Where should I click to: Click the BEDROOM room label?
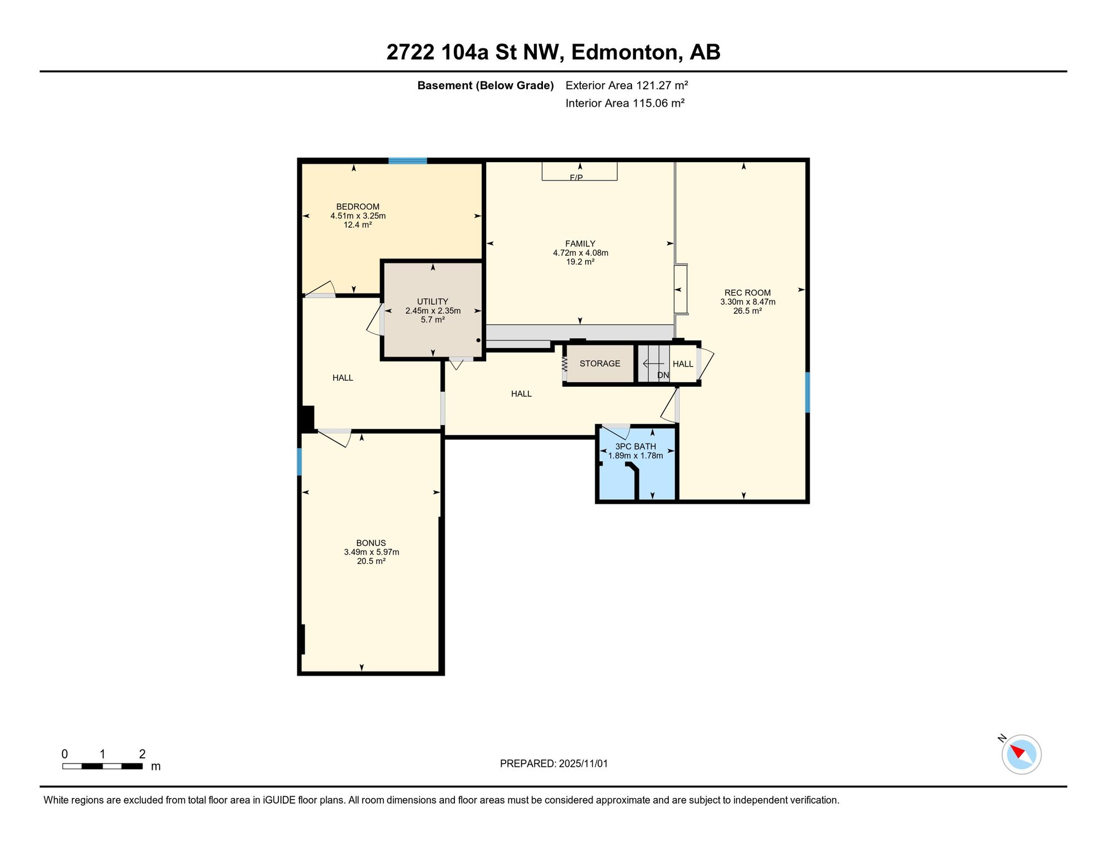point(357,207)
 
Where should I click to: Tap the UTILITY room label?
point(433,301)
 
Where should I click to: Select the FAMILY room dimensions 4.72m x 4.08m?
point(580,253)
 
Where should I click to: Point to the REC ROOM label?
point(747,293)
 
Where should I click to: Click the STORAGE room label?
point(600,363)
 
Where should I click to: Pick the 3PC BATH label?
point(635,446)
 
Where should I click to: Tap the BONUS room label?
point(371,543)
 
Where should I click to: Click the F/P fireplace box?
point(580,171)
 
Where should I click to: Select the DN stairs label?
point(663,375)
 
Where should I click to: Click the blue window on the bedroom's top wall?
point(408,161)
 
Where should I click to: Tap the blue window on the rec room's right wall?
point(807,392)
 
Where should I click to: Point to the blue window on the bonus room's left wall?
point(300,462)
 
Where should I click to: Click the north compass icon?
point(1021,754)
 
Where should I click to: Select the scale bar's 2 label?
point(142,754)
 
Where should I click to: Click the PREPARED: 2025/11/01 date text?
point(553,763)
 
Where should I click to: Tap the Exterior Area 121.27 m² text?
point(626,85)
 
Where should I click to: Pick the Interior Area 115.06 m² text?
point(625,103)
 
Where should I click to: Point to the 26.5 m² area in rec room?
point(747,311)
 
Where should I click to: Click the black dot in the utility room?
point(478,340)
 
